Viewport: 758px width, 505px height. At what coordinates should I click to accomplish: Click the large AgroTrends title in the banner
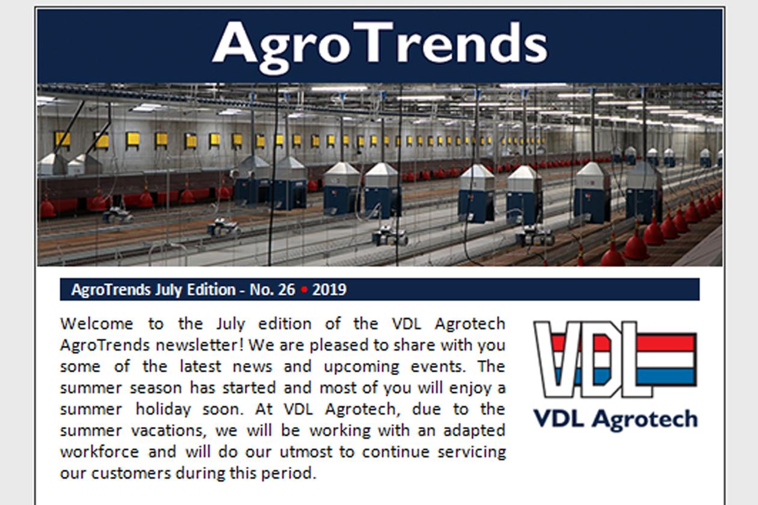(x=380, y=46)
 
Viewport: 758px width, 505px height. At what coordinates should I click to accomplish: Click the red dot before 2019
(x=304, y=290)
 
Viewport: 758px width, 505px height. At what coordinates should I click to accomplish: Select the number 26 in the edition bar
(x=286, y=290)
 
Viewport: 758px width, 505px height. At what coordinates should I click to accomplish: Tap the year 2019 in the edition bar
(x=329, y=290)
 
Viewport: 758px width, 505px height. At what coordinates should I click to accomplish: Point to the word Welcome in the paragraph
(x=97, y=323)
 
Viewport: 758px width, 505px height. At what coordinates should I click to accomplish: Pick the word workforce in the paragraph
(x=99, y=452)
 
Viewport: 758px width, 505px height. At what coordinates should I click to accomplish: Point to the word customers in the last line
(x=131, y=473)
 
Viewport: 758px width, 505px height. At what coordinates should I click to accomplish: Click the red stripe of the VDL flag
(x=665, y=342)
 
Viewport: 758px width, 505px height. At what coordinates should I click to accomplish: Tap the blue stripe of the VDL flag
(x=665, y=376)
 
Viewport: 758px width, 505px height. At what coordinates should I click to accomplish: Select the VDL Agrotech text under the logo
(x=615, y=420)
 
